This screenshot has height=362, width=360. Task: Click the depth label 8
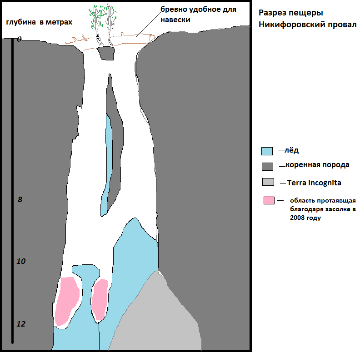click(x=20, y=199)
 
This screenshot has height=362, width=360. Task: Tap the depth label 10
click(x=21, y=262)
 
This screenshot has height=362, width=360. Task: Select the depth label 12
click(x=21, y=324)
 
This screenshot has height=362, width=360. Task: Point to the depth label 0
click(x=19, y=40)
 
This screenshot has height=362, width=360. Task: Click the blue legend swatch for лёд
click(x=267, y=151)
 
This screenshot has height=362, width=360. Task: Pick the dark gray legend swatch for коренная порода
click(x=267, y=166)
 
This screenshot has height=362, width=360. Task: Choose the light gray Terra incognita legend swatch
click(x=268, y=182)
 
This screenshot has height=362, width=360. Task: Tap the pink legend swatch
click(x=269, y=200)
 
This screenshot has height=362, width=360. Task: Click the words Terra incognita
click(x=314, y=183)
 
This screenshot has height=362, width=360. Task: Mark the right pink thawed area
click(x=100, y=300)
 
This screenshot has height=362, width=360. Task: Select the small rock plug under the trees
click(x=106, y=53)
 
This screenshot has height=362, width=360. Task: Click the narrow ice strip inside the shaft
click(x=108, y=164)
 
